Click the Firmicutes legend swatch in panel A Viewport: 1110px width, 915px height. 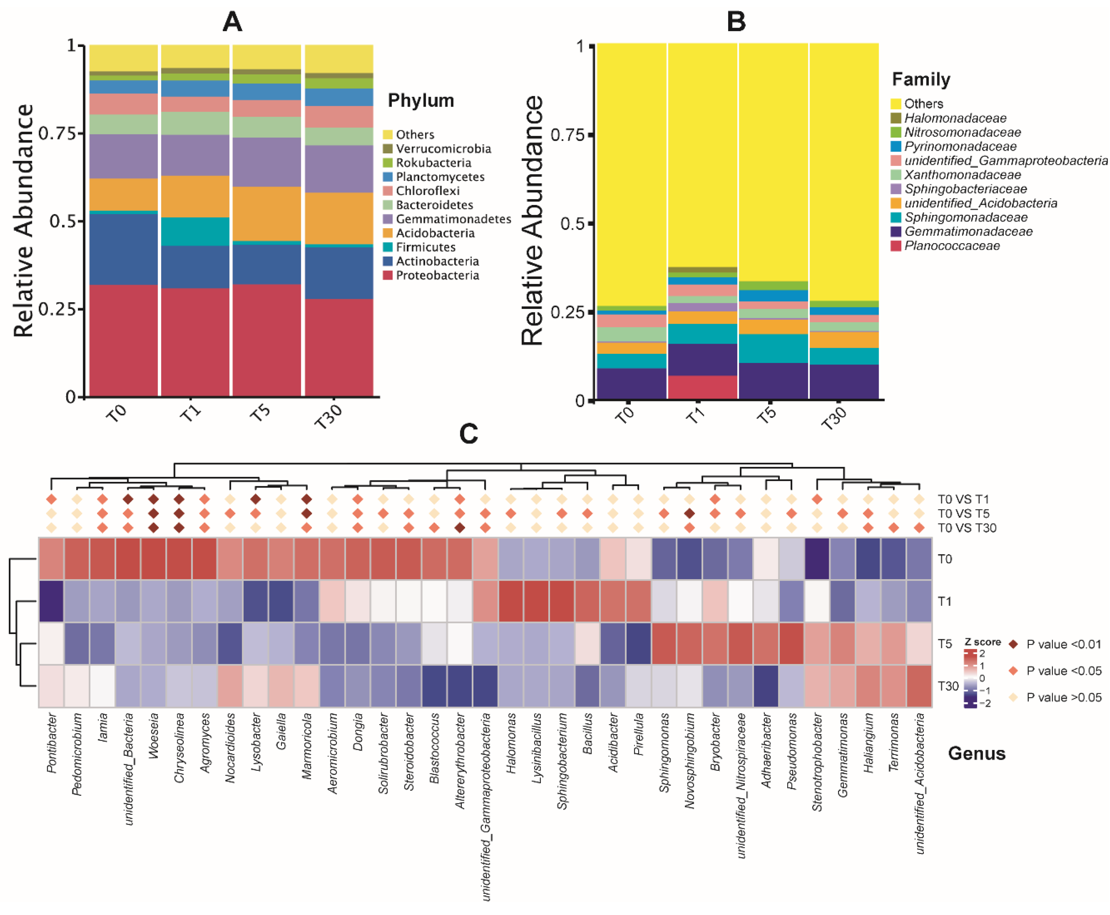point(388,247)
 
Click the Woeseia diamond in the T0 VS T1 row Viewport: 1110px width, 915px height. point(154,499)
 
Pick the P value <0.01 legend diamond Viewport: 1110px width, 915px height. point(1013,644)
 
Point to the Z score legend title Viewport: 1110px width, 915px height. point(982,642)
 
